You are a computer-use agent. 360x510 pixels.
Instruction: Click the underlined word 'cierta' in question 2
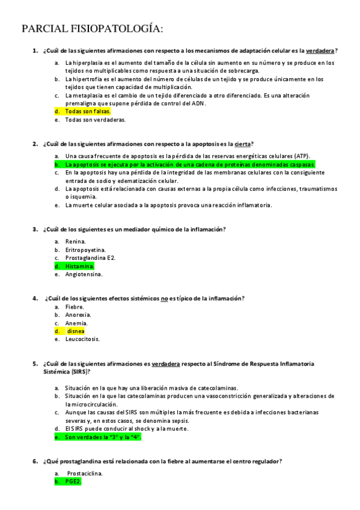point(242,144)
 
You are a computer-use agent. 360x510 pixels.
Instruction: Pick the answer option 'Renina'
point(76,241)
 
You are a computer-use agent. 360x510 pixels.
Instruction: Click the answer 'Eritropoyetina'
point(85,250)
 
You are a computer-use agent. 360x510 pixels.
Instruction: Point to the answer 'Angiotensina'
point(84,274)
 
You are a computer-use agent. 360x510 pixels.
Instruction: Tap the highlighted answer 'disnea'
point(76,331)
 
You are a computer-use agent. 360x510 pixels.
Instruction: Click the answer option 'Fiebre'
point(75,307)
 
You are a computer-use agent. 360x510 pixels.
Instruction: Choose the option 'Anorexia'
point(78,315)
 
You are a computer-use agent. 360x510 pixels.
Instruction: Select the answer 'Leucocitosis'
point(82,339)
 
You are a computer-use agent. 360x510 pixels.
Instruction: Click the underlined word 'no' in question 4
point(164,298)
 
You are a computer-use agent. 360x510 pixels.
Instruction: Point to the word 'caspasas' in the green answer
point(301,164)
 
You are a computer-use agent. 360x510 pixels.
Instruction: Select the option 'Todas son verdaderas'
point(95,120)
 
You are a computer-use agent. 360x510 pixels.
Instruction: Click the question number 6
point(35,461)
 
